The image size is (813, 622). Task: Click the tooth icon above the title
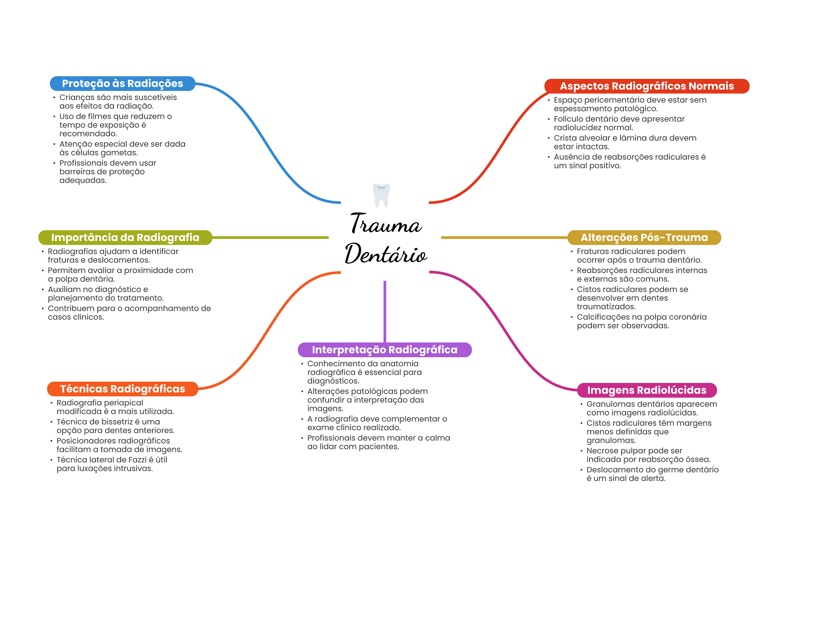pos(381,195)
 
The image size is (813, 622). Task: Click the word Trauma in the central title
pos(385,223)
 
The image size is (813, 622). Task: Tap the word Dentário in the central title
pos(386,253)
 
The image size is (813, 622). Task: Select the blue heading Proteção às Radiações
pos(123,84)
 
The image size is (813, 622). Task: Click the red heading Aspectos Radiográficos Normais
pos(647,86)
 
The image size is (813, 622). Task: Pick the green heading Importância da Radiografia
pos(125,237)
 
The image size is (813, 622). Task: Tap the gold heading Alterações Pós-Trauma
pos(644,237)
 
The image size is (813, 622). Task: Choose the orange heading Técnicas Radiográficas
pos(123,389)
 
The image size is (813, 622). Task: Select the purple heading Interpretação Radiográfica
pos(385,350)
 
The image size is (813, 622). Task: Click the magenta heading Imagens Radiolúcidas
pos(647,390)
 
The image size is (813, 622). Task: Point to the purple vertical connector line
pos(385,312)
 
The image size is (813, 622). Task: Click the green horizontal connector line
pos(270,237)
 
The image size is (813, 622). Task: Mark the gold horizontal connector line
pos(504,237)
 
